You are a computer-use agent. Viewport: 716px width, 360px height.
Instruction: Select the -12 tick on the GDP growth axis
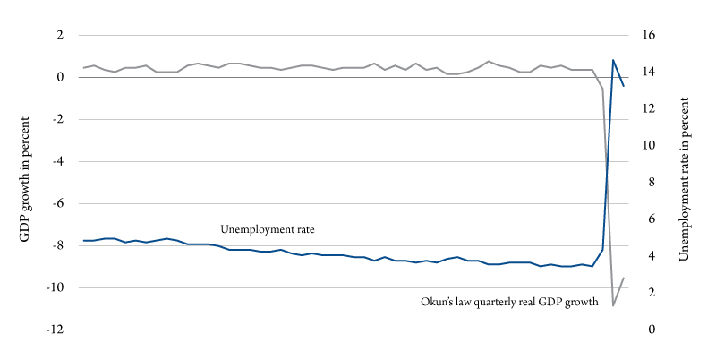point(55,330)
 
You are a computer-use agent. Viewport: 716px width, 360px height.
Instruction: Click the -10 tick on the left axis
point(55,287)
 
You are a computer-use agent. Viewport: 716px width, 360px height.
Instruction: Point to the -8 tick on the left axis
point(58,245)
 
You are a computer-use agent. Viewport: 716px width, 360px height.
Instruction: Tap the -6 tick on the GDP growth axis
point(58,203)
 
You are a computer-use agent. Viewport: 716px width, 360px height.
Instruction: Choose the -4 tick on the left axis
point(58,161)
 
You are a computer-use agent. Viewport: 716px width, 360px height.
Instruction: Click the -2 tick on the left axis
point(58,119)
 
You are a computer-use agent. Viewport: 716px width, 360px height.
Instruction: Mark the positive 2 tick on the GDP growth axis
point(61,35)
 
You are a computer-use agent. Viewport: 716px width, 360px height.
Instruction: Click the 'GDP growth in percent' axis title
point(24,182)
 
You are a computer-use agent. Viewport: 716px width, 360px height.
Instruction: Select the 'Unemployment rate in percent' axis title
point(685,182)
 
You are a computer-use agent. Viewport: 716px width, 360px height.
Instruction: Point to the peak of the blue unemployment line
point(613,60)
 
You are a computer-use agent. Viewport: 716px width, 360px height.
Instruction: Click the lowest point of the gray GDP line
point(613,306)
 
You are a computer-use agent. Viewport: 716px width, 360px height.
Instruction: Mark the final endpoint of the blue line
point(624,86)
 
